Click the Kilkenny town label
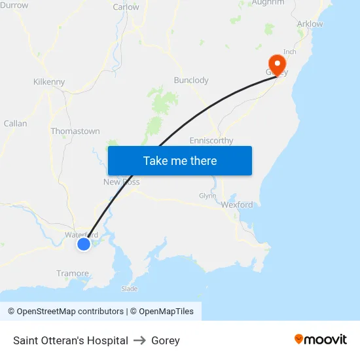tap(49, 82)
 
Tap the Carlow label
tap(126, 7)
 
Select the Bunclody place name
tap(191, 81)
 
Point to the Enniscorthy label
tap(211, 141)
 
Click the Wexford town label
tap(236, 205)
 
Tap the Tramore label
tap(73, 274)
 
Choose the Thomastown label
tap(75, 132)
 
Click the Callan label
tap(16, 123)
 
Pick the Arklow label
tap(310, 24)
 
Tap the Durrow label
tap(14, 5)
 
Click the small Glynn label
tap(207, 196)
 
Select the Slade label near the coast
tap(130, 289)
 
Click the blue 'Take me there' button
tap(180, 160)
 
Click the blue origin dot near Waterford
tap(84, 244)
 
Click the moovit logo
tap(321, 340)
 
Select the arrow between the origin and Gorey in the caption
tap(139, 340)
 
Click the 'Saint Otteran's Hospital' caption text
tap(71, 340)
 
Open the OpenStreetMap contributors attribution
tap(70, 312)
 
